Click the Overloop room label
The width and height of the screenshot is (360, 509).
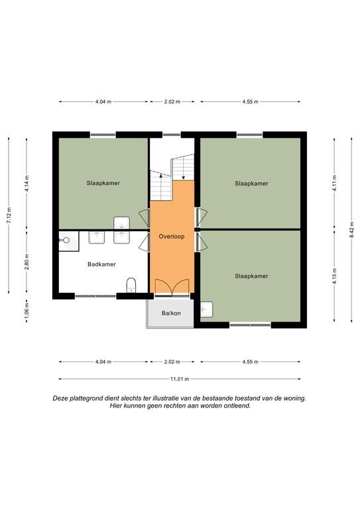click(x=172, y=237)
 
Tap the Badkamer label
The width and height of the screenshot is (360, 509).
click(x=101, y=264)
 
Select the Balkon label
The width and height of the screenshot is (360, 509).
click(x=171, y=313)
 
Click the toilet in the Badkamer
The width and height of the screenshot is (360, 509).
click(x=131, y=285)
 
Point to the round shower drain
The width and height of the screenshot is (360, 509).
click(x=66, y=240)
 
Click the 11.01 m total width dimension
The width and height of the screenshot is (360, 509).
click(x=180, y=378)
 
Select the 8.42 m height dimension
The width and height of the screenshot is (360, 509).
click(x=351, y=229)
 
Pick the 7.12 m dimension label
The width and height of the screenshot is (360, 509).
click(x=9, y=215)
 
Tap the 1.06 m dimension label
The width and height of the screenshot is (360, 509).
click(x=27, y=310)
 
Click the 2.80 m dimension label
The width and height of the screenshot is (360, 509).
click(x=27, y=262)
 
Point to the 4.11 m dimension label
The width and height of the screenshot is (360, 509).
click(x=334, y=183)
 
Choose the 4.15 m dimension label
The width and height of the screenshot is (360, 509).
click(x=334, y=276)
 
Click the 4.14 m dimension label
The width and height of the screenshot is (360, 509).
click(x=27, y=184)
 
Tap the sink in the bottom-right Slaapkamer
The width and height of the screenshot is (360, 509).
click(x=206, y=310)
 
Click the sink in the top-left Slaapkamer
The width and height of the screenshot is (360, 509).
click(x=121, y=223)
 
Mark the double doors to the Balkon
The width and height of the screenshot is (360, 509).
click(x=172, y=286)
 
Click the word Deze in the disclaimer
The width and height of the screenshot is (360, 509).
click(x=60, y=398)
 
